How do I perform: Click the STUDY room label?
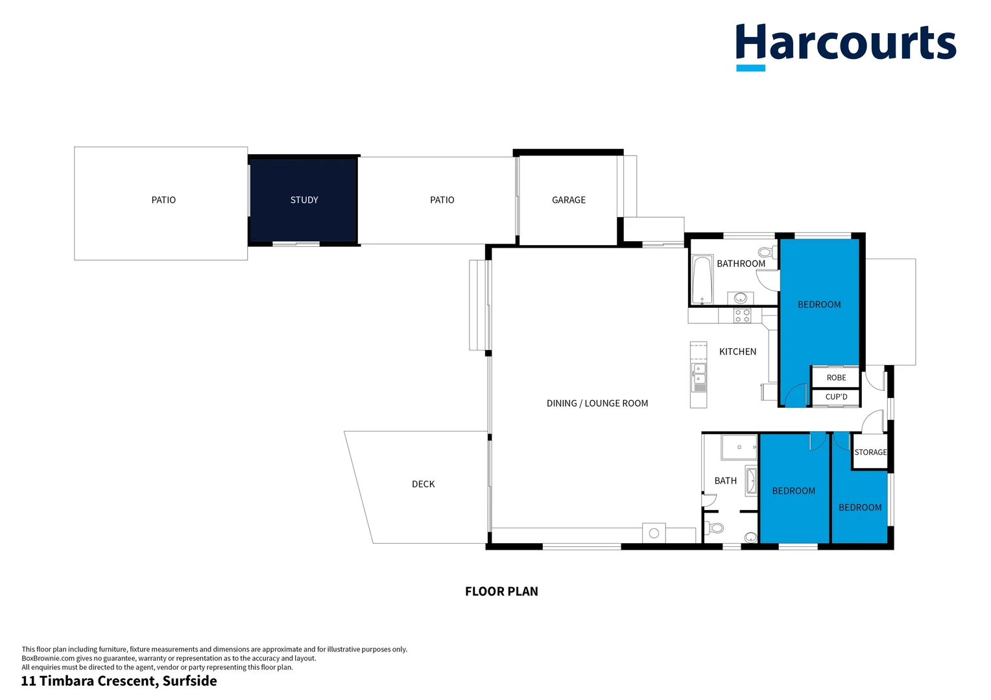[x=304, y=200]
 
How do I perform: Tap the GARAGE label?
[x=569, y=200]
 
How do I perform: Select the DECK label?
[x=423, y=484]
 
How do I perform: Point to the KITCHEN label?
[x=737, y=351]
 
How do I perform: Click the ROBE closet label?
[x=836, y=378]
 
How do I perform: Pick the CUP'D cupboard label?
[x=836, y=397]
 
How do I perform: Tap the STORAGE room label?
[x=870, y=452]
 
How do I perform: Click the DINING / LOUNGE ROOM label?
[x=597, y=403]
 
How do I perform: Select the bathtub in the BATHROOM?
[x=702, y=280]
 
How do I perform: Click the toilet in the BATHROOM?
[x=767, y=253]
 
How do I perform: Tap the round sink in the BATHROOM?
[x=741, y=298]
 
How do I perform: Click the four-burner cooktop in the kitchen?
[x=742, y=316]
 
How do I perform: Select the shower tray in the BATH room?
[x=739, y=447]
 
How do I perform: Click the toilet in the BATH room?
[x=714, y=528]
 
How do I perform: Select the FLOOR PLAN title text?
[x=501, y=592]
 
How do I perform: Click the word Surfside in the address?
[x=189, y=681]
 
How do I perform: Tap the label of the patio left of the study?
[x=163, y=200]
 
